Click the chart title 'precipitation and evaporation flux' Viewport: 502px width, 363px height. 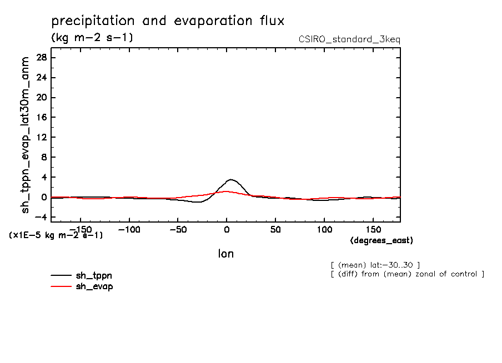pos(168,22)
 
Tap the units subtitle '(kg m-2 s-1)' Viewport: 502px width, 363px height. pos(92,38)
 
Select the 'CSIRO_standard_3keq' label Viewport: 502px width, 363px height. pos(349,39)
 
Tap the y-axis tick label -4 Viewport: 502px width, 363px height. pos(40,217)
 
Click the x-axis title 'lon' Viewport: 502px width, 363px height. pos(225,254)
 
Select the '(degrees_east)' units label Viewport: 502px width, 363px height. pos(381,240)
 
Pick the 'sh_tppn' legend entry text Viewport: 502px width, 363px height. pos(94,275)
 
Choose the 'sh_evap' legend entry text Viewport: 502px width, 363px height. pos(94,286)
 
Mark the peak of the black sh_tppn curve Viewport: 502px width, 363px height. pos(231,179)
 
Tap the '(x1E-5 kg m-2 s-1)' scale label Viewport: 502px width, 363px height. pos(56,235)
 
